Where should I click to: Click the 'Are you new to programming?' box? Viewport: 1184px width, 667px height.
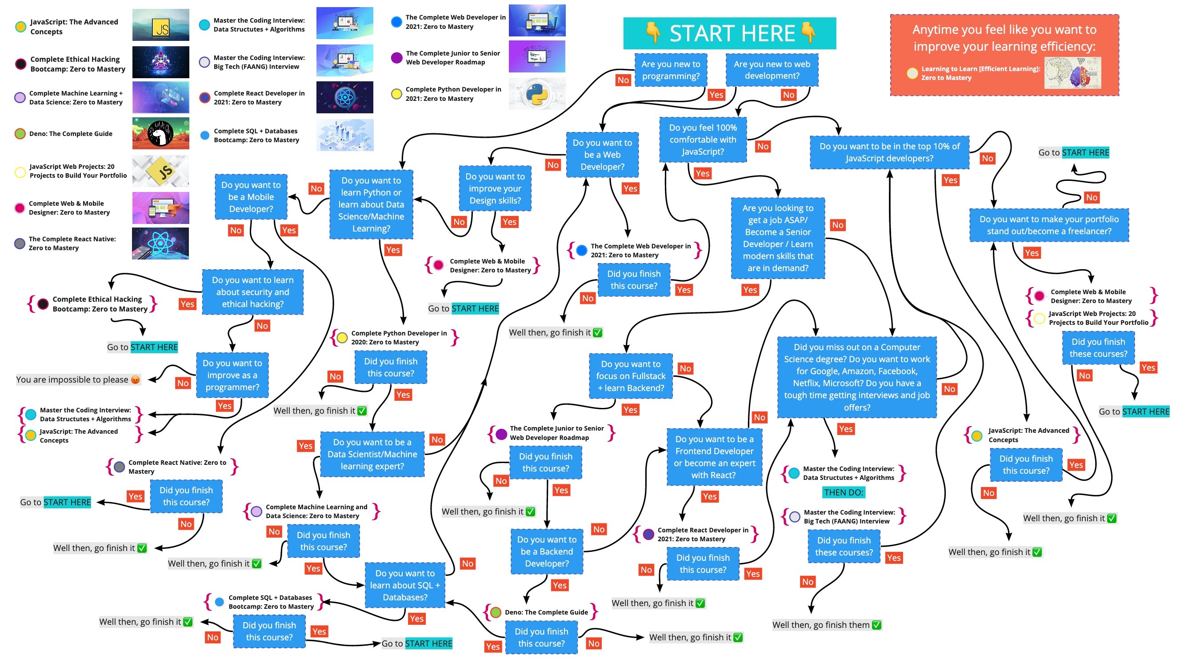670,70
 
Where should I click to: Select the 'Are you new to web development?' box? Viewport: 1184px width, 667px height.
771,70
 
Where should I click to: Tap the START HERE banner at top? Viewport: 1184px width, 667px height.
729,33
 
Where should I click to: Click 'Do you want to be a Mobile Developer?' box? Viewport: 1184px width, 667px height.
251,197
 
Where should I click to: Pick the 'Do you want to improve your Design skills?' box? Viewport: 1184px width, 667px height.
495,188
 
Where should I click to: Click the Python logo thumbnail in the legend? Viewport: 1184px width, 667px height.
536,94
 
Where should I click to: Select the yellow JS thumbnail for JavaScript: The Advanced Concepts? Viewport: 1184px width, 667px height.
160,25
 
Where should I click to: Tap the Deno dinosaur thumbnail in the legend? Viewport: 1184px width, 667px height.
160,133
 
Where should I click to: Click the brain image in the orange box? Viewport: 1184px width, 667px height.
1072,72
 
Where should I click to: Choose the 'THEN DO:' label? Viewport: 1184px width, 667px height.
843,493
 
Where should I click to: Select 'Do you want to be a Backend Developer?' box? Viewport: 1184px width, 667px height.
547,551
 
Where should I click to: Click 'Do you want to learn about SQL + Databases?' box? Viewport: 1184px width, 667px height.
404,585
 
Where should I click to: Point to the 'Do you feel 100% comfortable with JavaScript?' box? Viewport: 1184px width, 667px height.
702,140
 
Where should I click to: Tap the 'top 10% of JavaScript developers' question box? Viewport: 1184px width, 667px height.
889,152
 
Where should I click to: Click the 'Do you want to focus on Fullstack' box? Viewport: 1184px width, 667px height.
631,376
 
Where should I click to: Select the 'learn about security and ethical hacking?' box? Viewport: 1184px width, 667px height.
252,292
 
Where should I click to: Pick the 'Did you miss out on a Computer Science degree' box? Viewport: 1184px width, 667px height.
856,377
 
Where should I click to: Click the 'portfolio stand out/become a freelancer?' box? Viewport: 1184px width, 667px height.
1048,225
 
